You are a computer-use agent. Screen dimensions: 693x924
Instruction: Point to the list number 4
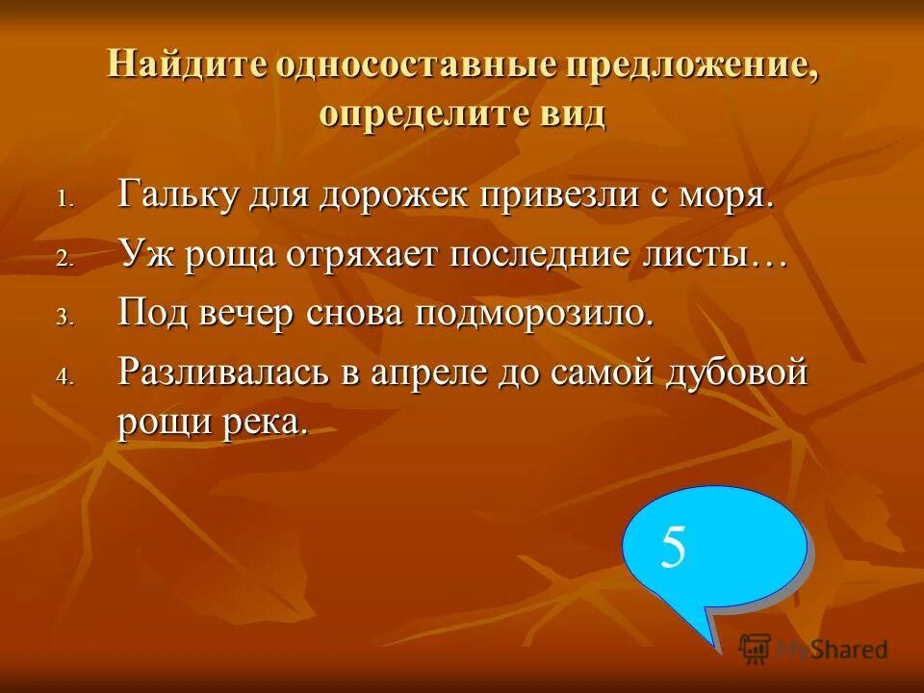64,377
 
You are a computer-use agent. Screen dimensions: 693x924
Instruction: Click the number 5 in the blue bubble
674,548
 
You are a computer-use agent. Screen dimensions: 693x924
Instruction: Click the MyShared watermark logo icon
757,648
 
